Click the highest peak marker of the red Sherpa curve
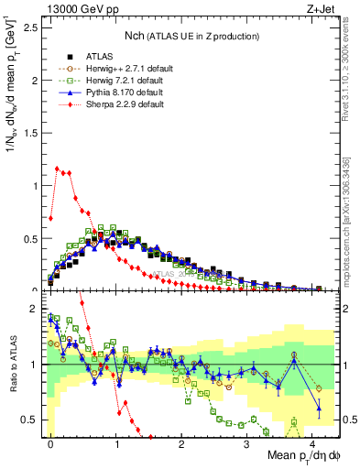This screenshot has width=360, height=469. (57, 169)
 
